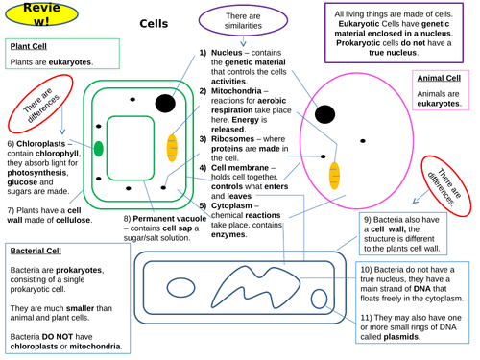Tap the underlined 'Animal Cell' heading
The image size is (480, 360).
click(439, 79)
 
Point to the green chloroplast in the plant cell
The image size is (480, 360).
click(98, 148)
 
